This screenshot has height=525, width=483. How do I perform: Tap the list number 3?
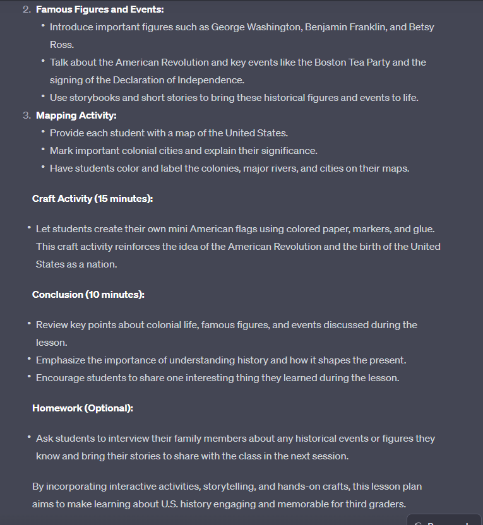[27, 115]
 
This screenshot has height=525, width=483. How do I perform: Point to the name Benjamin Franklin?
[345, 27]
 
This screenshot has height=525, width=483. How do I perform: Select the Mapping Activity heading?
[76, 115]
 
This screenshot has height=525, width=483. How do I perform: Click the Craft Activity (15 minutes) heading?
[92, 199]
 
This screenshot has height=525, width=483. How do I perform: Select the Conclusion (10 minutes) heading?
[88, 295]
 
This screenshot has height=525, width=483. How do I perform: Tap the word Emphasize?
[62, 360]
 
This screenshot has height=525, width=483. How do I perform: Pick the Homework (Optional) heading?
[83, 408]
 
